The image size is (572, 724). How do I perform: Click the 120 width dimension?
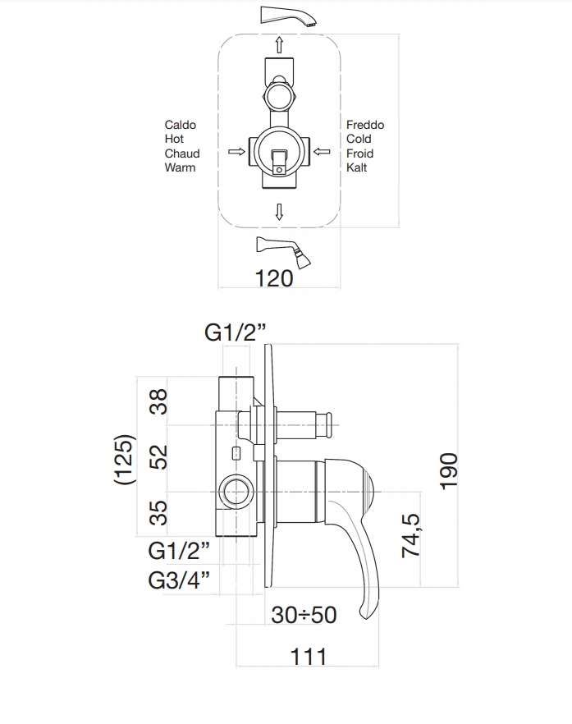click(x=274, y=278)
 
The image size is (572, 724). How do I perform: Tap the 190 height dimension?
click(x=449, y=471)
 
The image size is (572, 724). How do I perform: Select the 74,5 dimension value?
click(x=410, y=535)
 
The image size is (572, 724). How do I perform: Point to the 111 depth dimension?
click(x=308, y=656)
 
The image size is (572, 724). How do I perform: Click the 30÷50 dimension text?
click(x=304, y=614)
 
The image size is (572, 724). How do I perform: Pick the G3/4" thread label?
click(x=179, y=580)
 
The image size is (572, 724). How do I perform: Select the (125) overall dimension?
click(x=124, y=461)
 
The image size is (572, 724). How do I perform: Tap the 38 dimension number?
click(x=161, y=402)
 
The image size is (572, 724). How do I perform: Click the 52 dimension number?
click(x=161, y=456)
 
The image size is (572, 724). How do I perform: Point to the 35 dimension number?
click(x=161, y=512)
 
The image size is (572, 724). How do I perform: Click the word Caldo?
click(x=181, y=125)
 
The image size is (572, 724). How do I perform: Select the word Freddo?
click(x=365, y=125)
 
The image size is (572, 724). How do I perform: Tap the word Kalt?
click(x=357, y=167)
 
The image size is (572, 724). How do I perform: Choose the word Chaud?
click(x=182, y=154)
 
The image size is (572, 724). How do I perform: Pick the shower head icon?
click(x=286, y=250)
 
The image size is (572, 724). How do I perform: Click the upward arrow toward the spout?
click(x=280, y=44)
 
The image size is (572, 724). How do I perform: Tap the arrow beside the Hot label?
click(x=236, y=151)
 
